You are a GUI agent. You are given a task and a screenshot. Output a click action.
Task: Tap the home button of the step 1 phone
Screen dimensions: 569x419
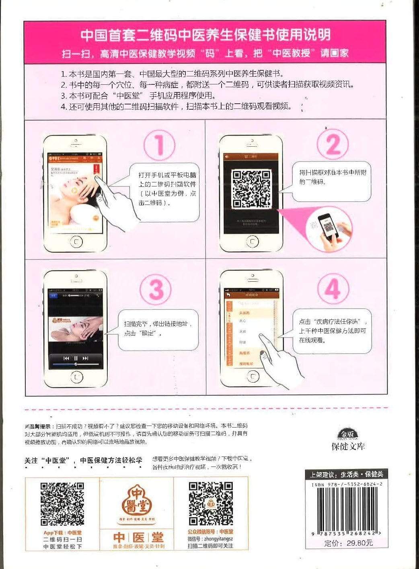pyautogui.click(x=76, y=242)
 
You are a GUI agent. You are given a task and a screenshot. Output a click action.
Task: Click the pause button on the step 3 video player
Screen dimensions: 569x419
pyautogui.click(x=76, y=358)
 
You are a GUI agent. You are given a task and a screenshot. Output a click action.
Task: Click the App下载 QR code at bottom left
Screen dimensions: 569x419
pyautogui.click(x=62, y=504)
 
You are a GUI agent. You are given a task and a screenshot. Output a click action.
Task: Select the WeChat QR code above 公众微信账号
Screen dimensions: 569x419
pyautogui.click(x=211, y=504)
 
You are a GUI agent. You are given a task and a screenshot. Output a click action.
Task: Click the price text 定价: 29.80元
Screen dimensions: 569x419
pyautogui.click(x=348, y=543)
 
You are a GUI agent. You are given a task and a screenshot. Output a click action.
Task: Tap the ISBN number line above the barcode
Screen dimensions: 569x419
pyautogui.click(x=347, y=485)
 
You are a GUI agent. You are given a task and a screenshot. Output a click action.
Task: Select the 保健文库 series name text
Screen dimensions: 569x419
pyautogui.click(x=348, y=446)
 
